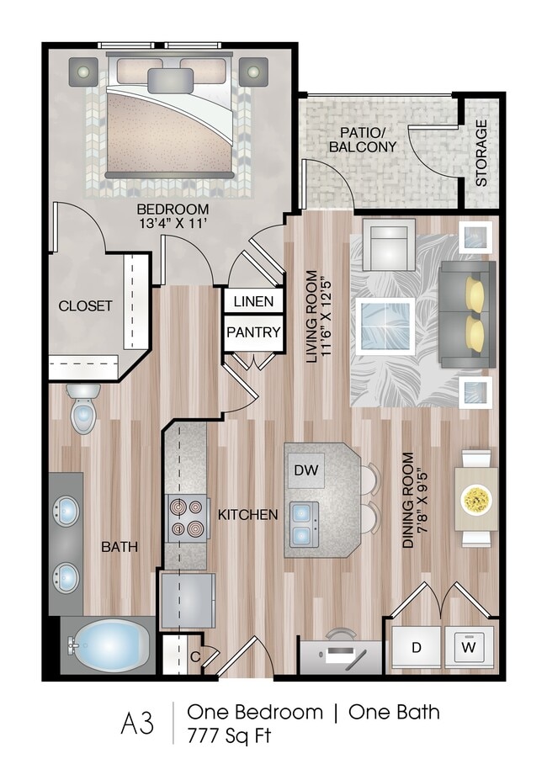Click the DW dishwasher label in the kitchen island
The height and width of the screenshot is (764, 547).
307,470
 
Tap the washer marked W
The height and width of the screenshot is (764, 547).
469,649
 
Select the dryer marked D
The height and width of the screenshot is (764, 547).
417,649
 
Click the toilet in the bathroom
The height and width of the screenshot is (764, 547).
83,410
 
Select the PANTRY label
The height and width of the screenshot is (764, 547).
253,332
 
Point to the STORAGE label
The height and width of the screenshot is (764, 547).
481,152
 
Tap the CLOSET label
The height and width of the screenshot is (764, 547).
85,305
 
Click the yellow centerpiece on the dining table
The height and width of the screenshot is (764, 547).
476,500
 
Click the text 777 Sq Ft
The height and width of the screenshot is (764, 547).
231,735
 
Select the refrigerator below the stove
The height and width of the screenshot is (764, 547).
188,599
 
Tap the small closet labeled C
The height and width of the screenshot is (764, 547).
194,657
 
